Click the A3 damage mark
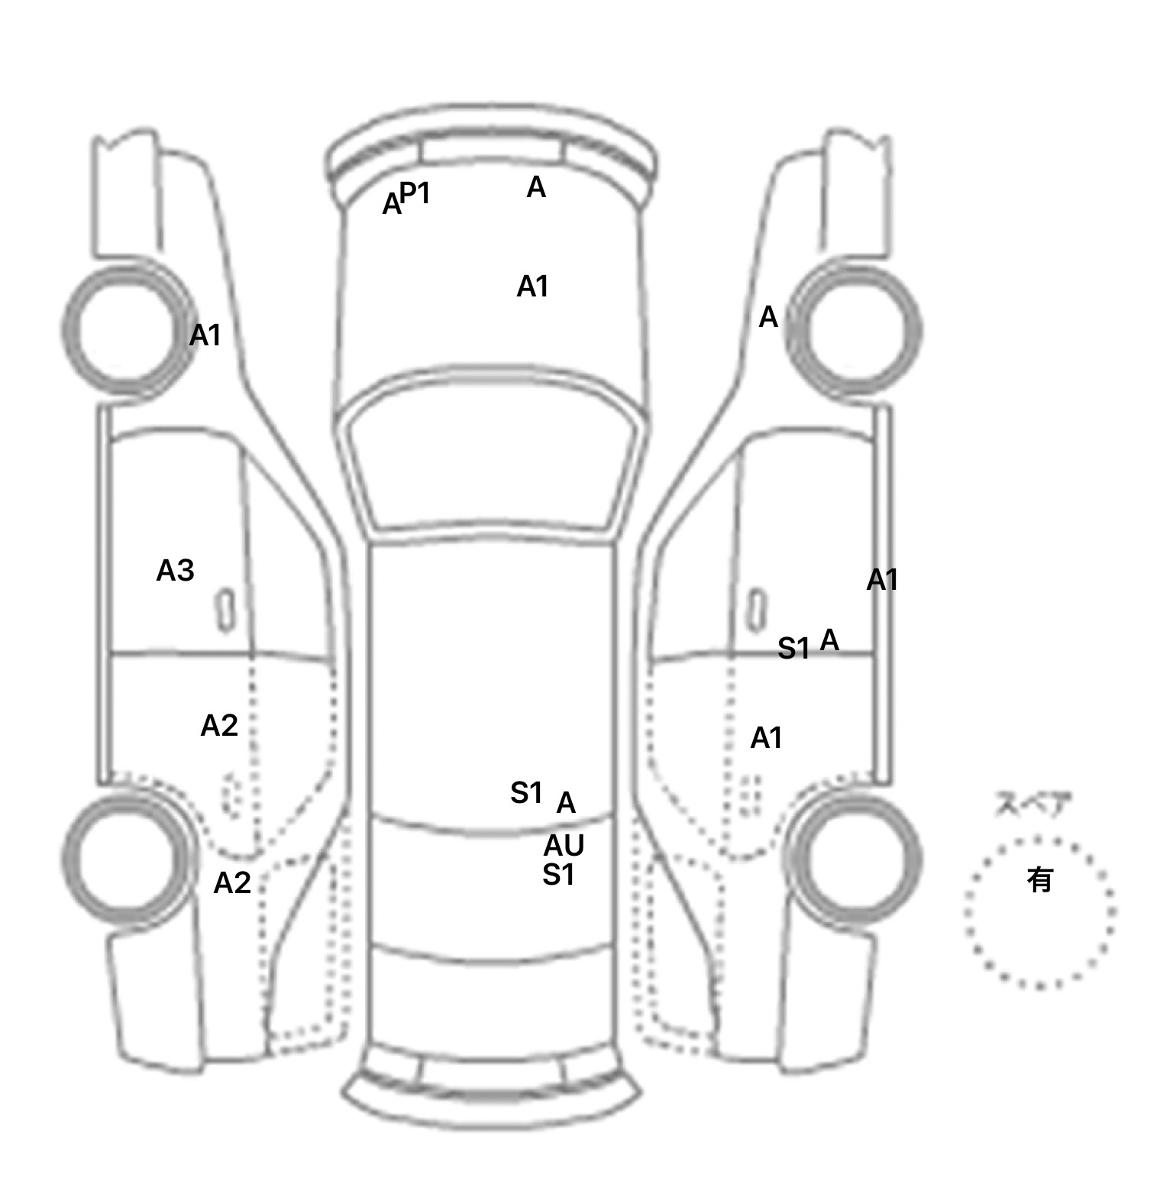click(175, 571)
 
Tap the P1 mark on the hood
click(415, 194)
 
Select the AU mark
click(564, 846)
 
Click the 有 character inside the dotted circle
click(1039, 880)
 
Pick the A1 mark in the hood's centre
click(532, 287)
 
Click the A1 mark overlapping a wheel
click(205, 335)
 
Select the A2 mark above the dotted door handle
click(219, 726)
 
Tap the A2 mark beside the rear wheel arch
click(232, 883)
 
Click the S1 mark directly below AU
click(558, 875)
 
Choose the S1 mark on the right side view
click(793, 649)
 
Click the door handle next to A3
click(225, 610)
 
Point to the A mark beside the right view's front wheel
click(768, 317)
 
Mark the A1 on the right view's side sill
click(882, 581)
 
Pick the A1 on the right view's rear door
click(766, 739)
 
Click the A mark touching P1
click(392, 205)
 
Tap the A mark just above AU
click(566, 803)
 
